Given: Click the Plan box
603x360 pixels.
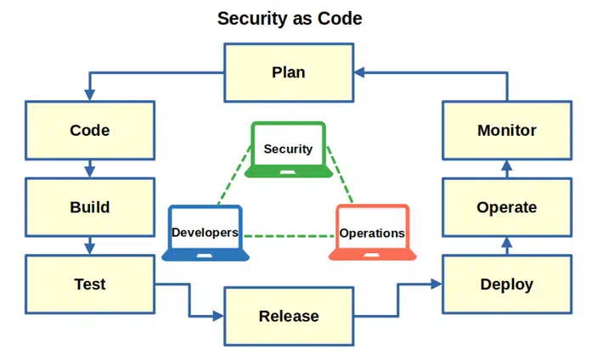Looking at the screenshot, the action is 289,72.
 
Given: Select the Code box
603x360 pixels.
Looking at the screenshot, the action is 90,131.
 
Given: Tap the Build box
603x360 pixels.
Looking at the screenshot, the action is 90,207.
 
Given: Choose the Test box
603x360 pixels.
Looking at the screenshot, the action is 90,284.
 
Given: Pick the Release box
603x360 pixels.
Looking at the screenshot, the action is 289,316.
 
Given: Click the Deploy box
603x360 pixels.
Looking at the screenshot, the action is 507,284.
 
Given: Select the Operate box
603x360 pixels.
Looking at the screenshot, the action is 507,207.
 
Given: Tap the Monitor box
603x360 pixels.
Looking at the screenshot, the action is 507,131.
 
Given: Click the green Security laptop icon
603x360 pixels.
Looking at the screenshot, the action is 289,149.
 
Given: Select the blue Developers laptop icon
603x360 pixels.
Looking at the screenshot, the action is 206,233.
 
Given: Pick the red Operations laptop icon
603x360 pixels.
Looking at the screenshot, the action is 372,233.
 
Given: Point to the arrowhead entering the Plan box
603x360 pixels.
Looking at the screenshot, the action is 359,72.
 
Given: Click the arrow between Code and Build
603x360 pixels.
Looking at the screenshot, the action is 90,169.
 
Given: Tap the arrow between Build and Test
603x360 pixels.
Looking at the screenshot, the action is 90,245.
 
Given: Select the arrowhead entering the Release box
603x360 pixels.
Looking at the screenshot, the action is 218,316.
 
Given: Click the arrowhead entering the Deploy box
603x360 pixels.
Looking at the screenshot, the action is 437,284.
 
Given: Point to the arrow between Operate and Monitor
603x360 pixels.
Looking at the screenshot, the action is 507,169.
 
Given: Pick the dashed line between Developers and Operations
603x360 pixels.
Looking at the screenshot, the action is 289,236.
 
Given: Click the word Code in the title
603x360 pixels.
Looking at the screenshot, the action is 340,19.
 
